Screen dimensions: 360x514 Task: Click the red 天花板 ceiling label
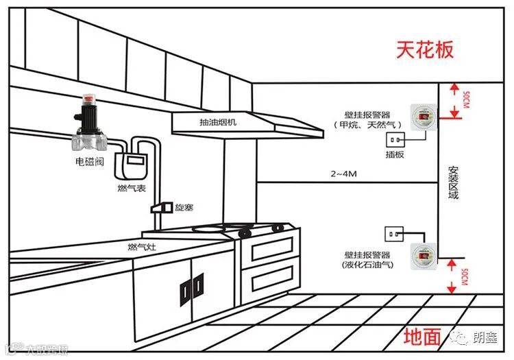pyautogui.click(x=425, y=50)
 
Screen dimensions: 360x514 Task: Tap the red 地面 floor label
pyautogui.click(x=421, y=336)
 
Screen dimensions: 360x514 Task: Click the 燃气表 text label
pyautogui.click(x=132, y=187)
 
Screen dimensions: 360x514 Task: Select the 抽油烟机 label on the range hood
pyautogui.click(x=218, y=123)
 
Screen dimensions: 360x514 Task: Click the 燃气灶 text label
pyautogui.click(x=142, y=246)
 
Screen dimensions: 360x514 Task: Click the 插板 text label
pyautogui.click(x=395, y=156)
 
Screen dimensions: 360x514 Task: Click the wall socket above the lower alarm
pyautogui.click(x=394, y=233)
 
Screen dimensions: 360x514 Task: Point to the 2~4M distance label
pyautogui.click(x=343, y=175)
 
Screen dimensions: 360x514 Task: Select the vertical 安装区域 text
pyautogui.click(x=452, y=182)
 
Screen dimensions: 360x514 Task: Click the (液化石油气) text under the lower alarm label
pyautogui.click(x=367, y=265)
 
